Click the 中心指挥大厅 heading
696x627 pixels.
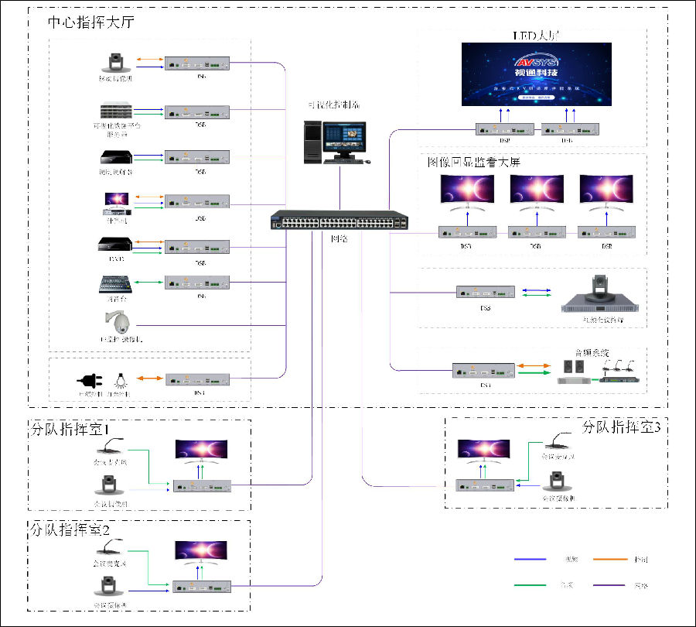point(91,22)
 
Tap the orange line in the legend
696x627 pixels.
point(610,559)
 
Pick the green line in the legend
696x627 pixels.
point(533,584)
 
